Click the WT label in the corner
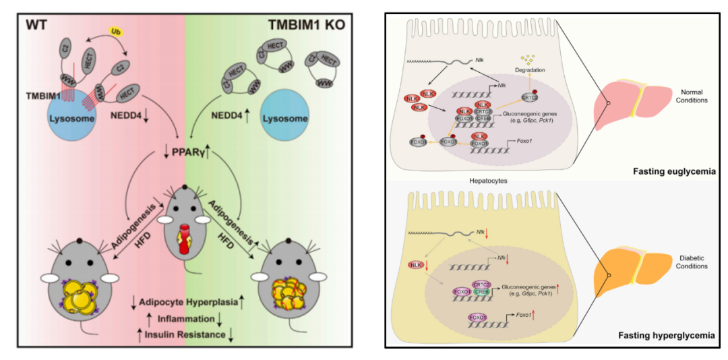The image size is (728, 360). point(38,26)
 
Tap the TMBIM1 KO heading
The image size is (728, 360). point(307,26)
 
